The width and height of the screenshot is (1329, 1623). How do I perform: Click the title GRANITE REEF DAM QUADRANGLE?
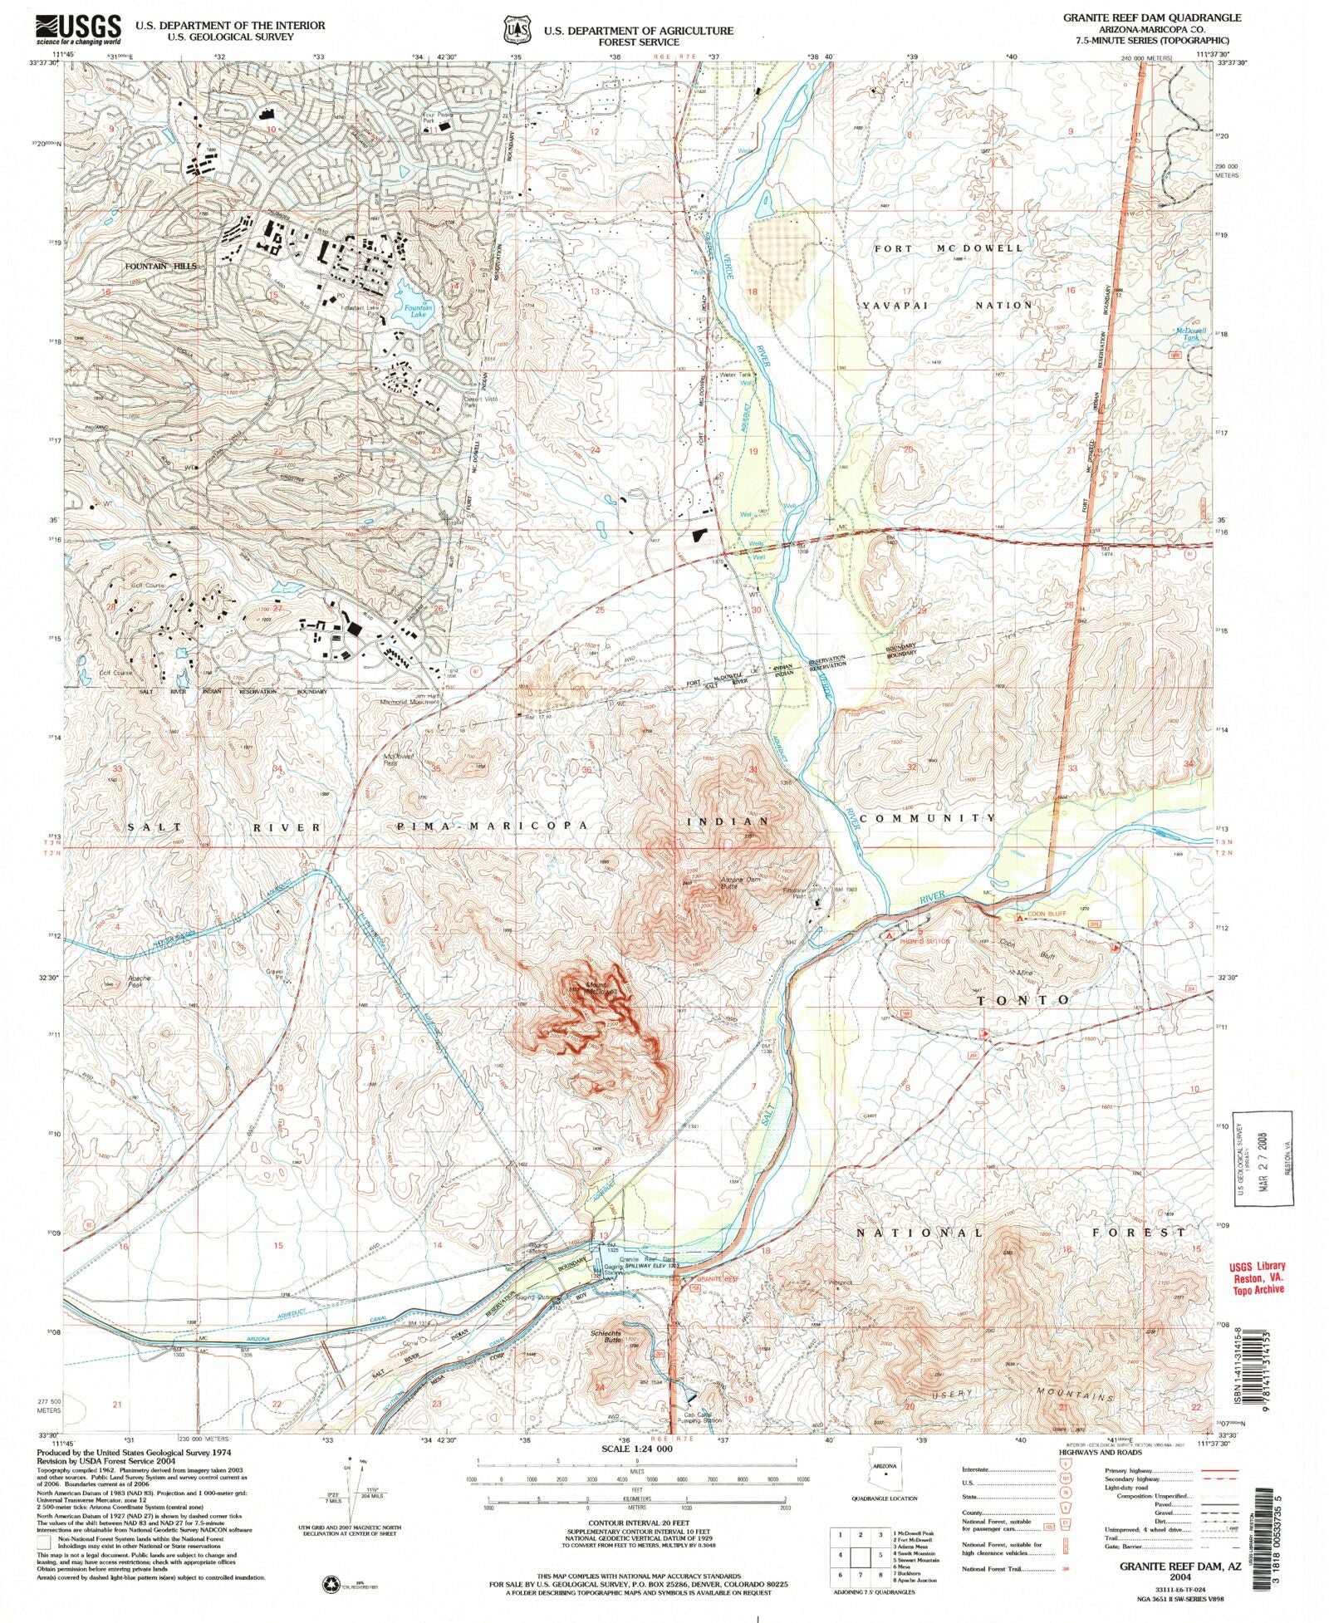[x=1151, y=17]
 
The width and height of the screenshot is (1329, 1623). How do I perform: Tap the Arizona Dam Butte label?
[x=728, y=883]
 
